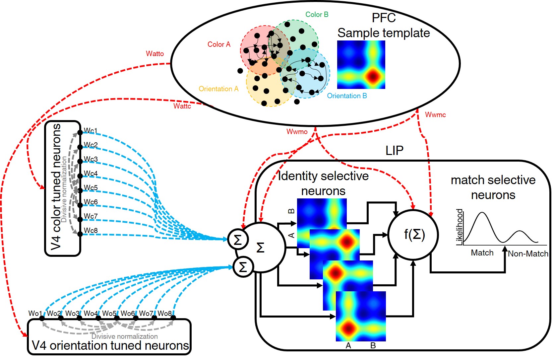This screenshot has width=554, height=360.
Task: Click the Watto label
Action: (x=155, y=54)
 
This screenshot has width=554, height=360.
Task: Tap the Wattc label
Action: (x=182, y=106)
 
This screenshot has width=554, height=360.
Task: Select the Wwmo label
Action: (x=297, y=132)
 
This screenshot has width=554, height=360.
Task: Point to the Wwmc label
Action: (x=435, y=115)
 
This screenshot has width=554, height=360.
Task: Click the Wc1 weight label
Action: (x=91, y=130)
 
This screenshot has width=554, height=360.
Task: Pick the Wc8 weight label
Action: (x=91, y=230)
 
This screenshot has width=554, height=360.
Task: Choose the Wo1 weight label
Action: (x=35, y=313)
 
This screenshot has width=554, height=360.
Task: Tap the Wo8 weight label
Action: (x=164, y=313)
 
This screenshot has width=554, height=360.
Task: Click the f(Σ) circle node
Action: (x=413, y=235)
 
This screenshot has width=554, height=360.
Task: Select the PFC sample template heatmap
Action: (x=361, y=65)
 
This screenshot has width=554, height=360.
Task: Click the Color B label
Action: (x=317, y=15)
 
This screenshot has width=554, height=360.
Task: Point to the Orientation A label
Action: (x=218, y=89)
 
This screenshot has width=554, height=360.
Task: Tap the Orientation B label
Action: (x=347, y=96)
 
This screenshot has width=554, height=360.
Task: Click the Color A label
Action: (x=219, y=44)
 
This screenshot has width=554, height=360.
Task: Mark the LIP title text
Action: (x=394, y=151)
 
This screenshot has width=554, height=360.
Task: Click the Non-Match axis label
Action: (x=528, y=254)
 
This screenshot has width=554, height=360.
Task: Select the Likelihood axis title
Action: (x=460, y=227)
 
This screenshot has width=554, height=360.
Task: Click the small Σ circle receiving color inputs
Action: (x=238, y=240)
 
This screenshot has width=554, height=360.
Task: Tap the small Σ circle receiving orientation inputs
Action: (x=243, y=267)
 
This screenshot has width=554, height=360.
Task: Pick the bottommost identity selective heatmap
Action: (x=361, y=316)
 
